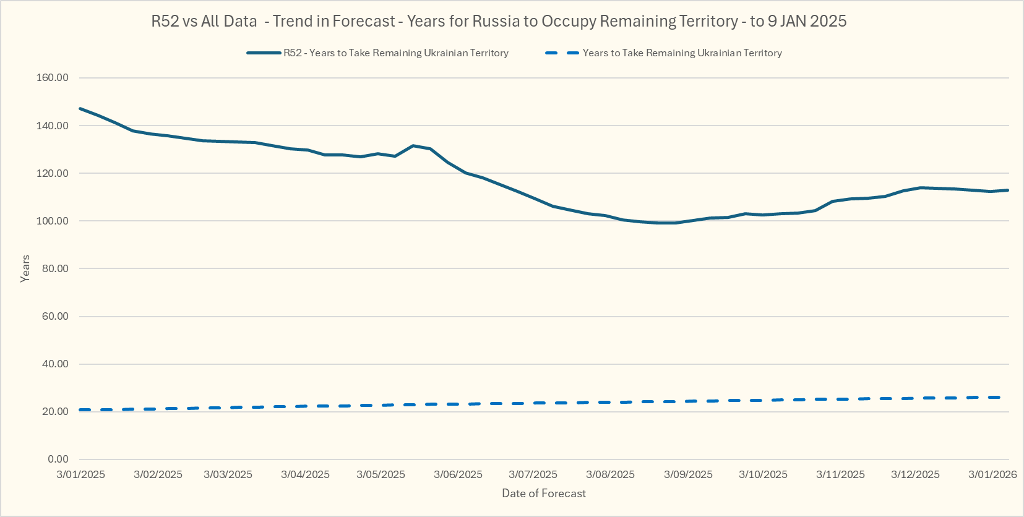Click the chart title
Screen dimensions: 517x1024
click(499, 21)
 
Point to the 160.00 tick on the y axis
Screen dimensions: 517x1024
click(53, 78)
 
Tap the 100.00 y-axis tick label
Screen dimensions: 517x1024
click(53, 221)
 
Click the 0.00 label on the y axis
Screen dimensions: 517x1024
click(58, 459)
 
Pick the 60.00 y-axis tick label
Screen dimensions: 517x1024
click(55, 316)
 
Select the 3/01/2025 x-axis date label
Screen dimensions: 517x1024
click(80, 474)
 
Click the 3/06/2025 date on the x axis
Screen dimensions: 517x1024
click(458, 474)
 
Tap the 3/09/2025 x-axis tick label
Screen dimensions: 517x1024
click(688, 474)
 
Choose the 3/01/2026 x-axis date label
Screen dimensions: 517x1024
click(992, 474)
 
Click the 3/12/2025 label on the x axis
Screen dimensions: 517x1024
click(915, 474)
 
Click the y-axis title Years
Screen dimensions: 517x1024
click(25, 268)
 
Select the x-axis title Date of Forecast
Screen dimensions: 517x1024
click(544, 493)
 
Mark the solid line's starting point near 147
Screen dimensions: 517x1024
click(80, 109)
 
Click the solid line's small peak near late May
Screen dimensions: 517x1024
click(413, 145)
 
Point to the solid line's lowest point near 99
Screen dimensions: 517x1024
click(667, 223)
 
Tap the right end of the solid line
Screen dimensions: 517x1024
click(1009, 190)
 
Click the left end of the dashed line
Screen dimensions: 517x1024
click(80, 409)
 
